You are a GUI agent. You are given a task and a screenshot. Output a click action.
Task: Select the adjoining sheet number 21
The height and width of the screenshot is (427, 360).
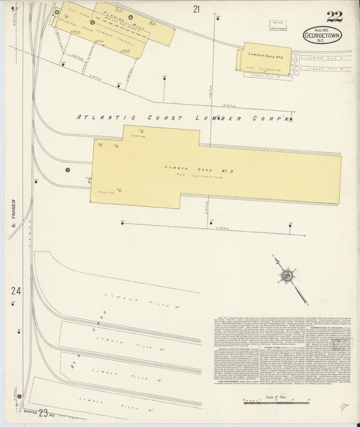point(197,9)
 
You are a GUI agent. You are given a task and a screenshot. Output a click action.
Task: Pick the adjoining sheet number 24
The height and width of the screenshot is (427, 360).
point(16,291)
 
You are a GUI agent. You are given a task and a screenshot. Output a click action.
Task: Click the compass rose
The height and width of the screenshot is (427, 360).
point(288,275)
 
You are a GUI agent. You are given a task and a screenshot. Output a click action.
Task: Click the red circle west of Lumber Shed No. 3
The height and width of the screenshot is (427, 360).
point(68,170)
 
